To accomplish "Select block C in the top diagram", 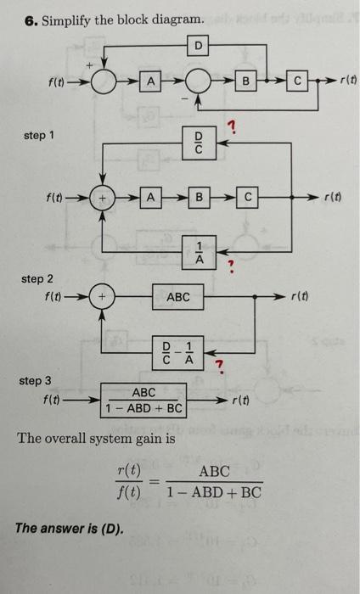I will tap(297, 81).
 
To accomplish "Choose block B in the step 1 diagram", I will tap(198, 199).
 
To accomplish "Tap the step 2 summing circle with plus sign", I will tap(104, 297).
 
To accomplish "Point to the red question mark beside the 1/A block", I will tap(228, 266).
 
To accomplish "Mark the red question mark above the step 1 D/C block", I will tap(231, 127).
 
